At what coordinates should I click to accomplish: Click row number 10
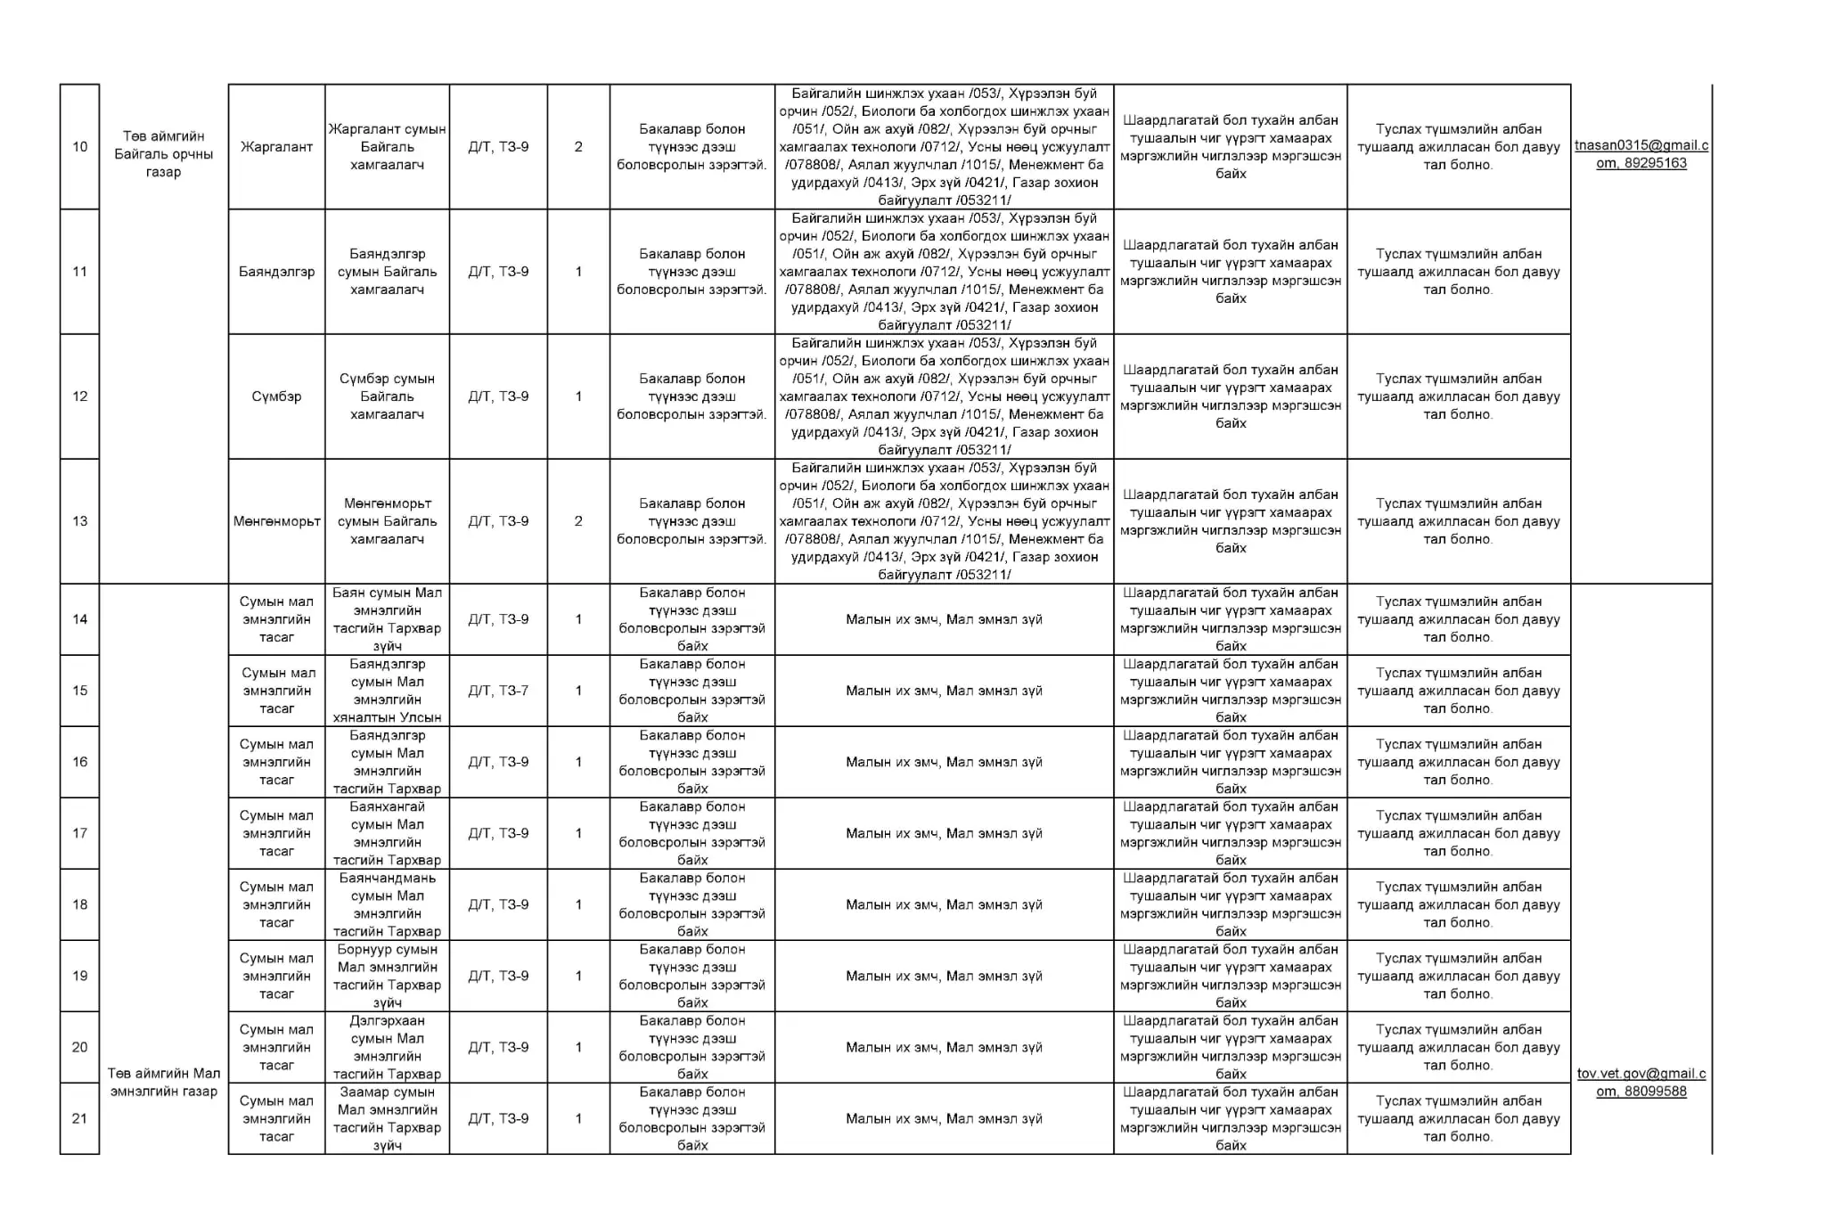pos(79,147)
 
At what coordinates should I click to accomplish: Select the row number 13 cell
pos(79,521)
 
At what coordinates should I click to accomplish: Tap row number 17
pos(79,833)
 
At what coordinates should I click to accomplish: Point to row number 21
pos(79,1118)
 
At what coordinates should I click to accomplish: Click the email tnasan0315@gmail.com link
pos(1641,154)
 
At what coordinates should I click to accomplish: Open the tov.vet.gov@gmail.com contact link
pos(1641,1083)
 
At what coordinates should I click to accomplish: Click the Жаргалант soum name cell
pos(276,147)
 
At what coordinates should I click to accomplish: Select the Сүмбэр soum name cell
pos(276,397)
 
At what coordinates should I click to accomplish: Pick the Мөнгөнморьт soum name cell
pos(276,521)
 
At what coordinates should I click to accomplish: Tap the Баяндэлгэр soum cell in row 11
pos(276,272)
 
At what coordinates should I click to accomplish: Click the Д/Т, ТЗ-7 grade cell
pos(498,691)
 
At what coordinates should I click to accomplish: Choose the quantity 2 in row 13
pos(578,521)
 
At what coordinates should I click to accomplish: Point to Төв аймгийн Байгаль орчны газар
pos(164,154)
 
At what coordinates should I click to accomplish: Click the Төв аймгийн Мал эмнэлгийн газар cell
pos(164,1083)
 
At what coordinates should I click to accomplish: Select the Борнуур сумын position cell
pos(387,976)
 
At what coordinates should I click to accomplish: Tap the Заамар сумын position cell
pos(387,1118)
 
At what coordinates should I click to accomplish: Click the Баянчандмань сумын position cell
pos(387,904)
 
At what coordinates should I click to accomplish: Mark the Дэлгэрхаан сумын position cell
pos(387,1047)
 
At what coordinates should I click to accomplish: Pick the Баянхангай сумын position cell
pos(387,833)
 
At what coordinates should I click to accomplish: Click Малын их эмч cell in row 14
pos(944,619)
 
